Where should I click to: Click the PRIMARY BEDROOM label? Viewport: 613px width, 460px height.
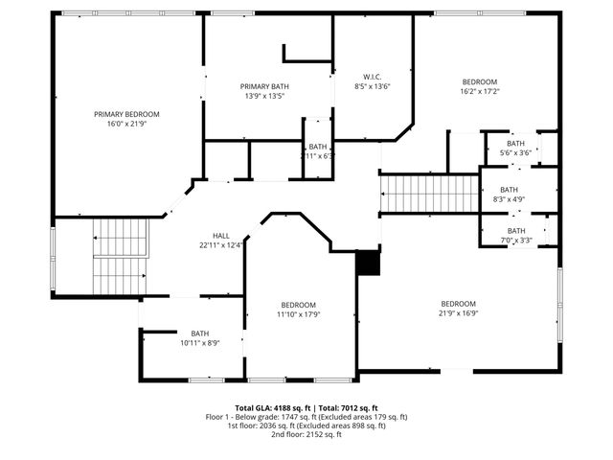click(x=126, y=114)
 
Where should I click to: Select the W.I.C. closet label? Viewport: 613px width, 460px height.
click(x=373, y=77)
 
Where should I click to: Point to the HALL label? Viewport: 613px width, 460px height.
click(x=221, y=235)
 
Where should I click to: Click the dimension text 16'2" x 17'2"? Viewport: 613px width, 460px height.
click(x=480, y=92)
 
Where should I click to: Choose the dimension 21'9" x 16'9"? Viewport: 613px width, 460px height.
click(x=459, y=312)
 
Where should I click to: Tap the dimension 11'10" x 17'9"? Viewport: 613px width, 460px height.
click(x=299, y=313)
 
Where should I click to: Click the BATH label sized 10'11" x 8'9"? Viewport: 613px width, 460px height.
click(x=199, y=333)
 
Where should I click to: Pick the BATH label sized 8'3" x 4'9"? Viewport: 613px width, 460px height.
click(x=509, y=190)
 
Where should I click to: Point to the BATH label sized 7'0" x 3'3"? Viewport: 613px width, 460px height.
click(x=516, y=231)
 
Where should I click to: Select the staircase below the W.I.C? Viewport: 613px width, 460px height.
click(x=429, y=194)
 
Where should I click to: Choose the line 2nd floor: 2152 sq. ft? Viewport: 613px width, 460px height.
click(x=306, y=434)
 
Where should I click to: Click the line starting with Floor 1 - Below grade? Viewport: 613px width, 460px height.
click(x=306, y=416)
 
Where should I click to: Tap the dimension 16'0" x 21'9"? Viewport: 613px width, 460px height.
click(x=126, y=124)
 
